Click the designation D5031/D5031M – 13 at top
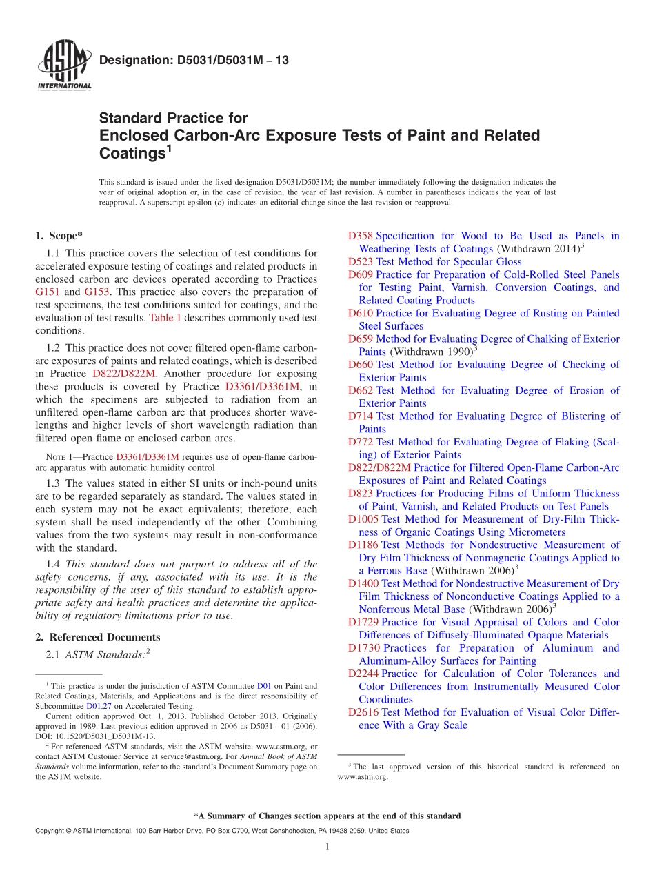(194, 61)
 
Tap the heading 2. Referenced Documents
(98, 637)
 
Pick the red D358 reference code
(361, 236)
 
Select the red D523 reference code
(361, 262)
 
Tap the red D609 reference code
(361, 274)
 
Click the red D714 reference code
(361, 416)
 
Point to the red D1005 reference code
(363, 519)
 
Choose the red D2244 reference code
(363, 674)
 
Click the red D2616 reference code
(363, 712)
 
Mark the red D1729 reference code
(363, 622)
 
